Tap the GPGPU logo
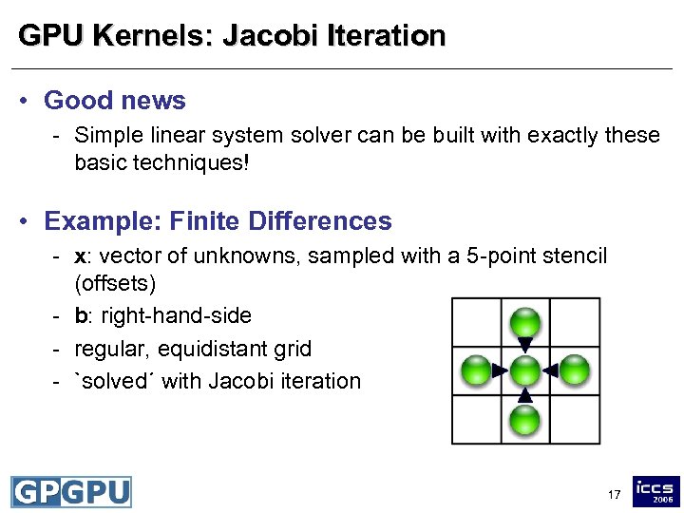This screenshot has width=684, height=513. coord(71,491)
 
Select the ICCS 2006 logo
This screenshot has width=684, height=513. coord(656,491)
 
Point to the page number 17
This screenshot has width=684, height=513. coord(613,495)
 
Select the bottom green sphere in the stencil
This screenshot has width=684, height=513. coord(525,419)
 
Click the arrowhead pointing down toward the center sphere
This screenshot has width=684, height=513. coord(525,344)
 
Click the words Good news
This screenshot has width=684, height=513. coord(115,100)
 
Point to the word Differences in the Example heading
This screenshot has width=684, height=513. coord(319,221)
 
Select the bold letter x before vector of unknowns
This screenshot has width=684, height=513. coord(80,256)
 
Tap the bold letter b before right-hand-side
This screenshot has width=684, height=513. coord(80,315)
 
